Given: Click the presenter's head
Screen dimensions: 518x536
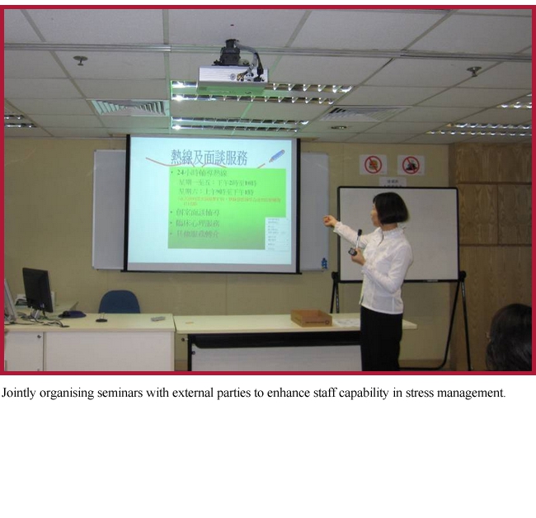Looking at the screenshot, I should pyautogui.click(x=390, y=209).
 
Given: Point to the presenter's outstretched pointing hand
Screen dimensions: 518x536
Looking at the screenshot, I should pyautogui.click(x=330, y=220).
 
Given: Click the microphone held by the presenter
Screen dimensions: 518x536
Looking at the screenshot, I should pyautogui.click(x=356, y=242).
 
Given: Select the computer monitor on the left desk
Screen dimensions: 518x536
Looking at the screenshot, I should pyautogui.click(x=37, y=290).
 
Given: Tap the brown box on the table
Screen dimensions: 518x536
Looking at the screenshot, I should pyautogui.click(x=311, y=318).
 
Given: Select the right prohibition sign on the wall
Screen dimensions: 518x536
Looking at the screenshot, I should pyautogui.click(x=410, y=165).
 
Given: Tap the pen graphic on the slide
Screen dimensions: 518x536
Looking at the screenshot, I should pyautogui.click(x=276, y=156).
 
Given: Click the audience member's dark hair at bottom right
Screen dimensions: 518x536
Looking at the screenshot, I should pyautogui.click(x=511, y=334).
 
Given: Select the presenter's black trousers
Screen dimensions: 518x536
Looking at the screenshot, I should pyautogui.click(x=380, y=338).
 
